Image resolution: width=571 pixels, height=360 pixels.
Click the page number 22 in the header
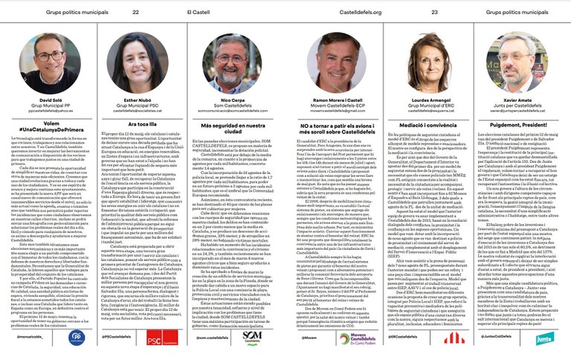pos(136,12)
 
